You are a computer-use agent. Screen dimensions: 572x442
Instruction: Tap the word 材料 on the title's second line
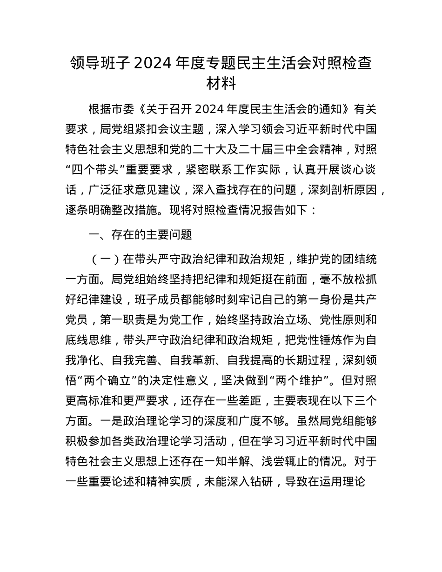[221, 84]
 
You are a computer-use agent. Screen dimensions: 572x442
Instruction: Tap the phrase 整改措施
[163, 210]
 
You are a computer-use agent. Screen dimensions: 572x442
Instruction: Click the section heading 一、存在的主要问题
[140, 235]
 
